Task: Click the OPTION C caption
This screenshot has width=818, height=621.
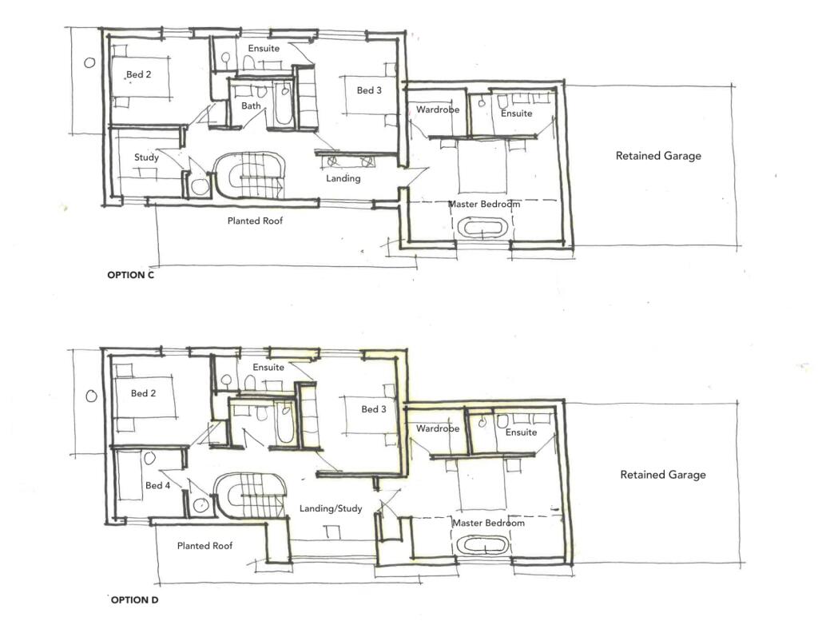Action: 130,275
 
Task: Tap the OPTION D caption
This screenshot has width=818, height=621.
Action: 134,600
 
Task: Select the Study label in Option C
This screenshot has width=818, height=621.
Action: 146,157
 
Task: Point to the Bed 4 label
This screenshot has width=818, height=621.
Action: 157,485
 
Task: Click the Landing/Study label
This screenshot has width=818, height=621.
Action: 331,508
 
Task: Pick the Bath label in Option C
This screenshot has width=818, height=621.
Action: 251,105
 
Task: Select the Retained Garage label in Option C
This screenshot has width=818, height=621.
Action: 658,156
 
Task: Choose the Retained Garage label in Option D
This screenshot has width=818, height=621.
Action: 663,475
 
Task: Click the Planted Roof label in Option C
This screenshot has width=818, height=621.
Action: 255,221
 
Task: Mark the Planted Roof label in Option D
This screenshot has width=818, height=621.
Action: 204,546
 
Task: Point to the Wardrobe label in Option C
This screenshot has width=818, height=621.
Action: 438,109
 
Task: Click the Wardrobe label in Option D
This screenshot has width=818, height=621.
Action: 438,428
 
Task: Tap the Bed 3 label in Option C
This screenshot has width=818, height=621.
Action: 369,90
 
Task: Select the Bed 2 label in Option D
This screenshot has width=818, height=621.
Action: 143,393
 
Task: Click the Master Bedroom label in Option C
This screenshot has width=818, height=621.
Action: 484,204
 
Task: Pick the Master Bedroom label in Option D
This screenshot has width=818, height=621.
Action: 488,523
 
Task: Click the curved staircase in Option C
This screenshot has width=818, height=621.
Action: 249,175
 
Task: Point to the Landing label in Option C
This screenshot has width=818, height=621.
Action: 343,178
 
